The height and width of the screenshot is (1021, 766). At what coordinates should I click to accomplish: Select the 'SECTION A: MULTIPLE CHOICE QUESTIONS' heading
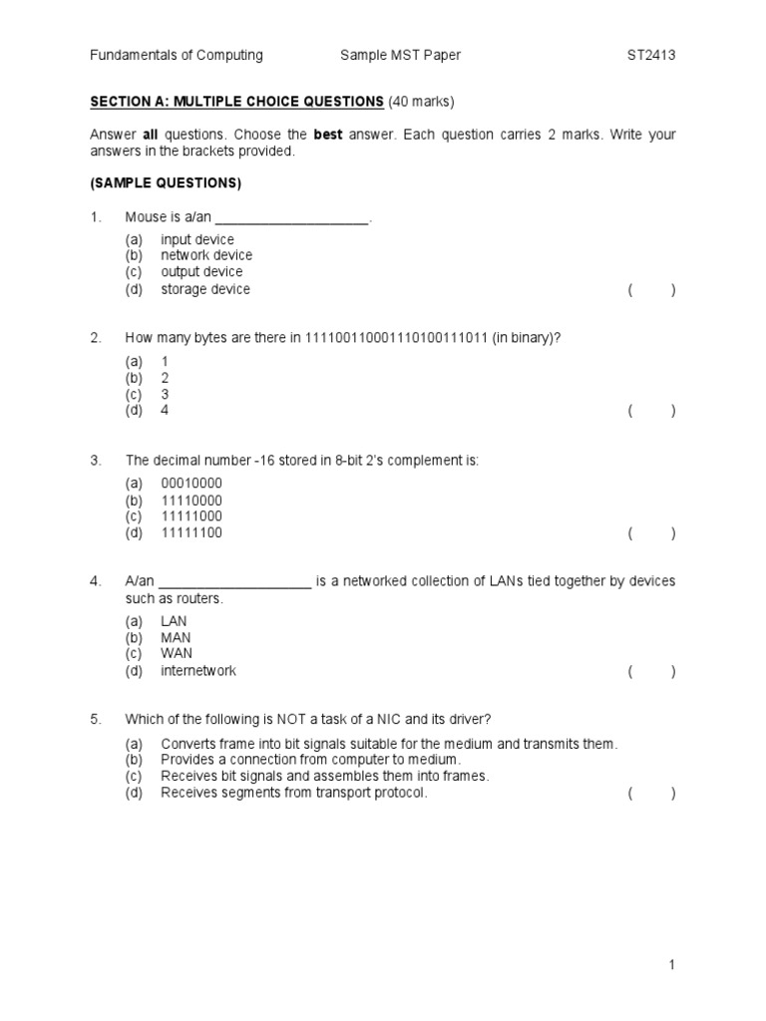pos(237,102)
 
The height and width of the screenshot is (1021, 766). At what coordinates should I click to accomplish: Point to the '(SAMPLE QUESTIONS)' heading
pos(166,183)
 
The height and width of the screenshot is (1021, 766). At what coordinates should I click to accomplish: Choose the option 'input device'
pos(197,239)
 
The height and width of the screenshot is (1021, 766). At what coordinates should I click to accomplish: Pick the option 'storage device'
pos(205,289)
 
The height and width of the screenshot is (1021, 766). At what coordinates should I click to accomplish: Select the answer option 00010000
pos(191,484)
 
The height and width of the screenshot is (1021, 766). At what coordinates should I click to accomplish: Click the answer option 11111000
pos(191,516)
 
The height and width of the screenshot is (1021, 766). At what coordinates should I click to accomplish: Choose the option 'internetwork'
pos(198,671)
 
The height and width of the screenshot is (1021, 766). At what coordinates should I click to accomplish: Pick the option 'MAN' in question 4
pos(176,637)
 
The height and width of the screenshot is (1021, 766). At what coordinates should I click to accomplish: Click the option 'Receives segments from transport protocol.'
pos(294,793)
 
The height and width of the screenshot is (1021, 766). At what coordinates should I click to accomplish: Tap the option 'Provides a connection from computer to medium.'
pos(310,760)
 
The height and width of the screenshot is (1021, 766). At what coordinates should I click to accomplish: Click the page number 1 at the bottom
pos(673,964)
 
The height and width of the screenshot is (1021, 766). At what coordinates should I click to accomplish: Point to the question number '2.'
pos(96,338)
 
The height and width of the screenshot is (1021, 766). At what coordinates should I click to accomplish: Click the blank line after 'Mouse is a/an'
pos(292,217)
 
